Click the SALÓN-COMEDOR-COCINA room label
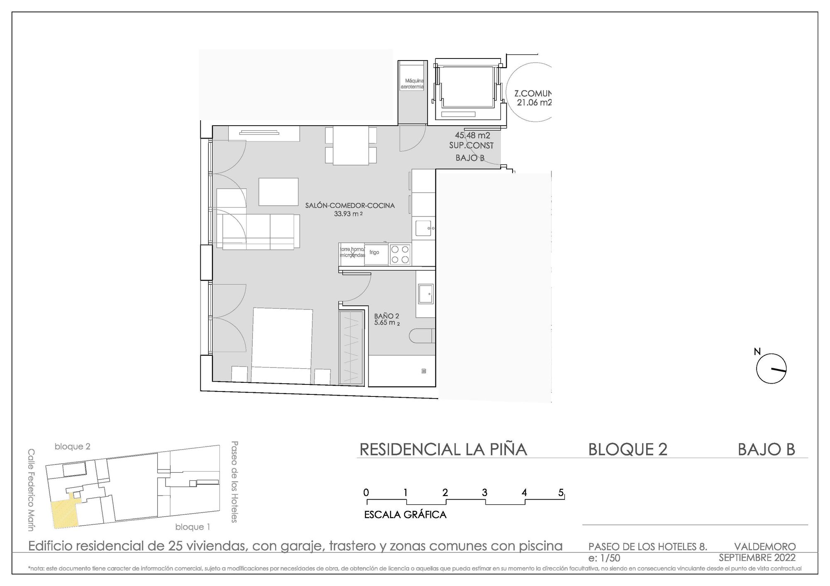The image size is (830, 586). [350, 205]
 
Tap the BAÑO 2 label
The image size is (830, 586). [386, 316]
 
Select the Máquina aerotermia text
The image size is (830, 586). [412, 84]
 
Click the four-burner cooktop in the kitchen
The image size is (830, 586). [400, 254]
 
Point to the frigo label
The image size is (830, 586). [374, 253]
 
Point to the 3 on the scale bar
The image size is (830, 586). [484, 493]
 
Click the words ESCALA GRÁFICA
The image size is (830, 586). [405, 515]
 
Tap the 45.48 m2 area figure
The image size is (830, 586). [472, 135]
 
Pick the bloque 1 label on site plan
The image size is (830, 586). [193, 527]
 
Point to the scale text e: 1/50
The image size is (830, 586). [604, 558]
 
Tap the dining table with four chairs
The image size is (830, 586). [351, 146]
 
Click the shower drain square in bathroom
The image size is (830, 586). [423, 371]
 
